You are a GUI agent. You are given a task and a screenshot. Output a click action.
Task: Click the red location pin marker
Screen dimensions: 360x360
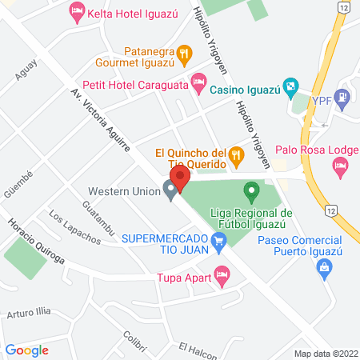pos(178,178)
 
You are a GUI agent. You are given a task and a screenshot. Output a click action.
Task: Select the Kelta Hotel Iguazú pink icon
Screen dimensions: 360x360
pos(77,10)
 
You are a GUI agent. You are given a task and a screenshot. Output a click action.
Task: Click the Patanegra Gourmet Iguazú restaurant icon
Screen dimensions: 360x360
pos(184,53)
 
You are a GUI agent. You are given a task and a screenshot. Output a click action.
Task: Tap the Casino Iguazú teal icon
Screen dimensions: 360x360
pos(292,86)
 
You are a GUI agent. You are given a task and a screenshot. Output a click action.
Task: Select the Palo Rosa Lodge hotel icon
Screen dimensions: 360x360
pos(341,166)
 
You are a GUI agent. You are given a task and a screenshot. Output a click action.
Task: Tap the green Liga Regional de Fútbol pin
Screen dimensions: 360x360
pos(251,191)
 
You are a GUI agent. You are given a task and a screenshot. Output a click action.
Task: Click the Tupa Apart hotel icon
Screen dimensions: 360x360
pos(222,278)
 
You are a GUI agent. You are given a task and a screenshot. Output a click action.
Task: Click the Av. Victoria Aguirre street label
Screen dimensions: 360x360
pos(102,122)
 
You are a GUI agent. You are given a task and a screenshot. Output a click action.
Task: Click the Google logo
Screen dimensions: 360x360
pos(27,350)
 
